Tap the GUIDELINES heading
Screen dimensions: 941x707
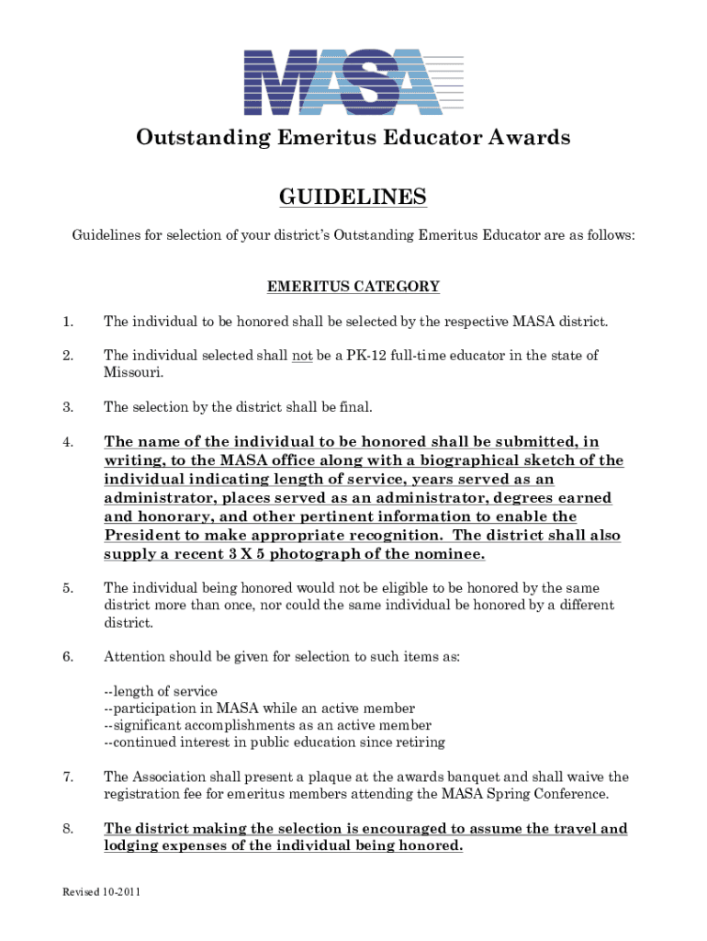(x=353, y=198)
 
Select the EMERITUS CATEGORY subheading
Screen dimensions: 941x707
(x=353, y=287)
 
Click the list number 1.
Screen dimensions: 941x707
(x=67, y=322)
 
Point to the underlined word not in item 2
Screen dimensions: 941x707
(x=302, y=356)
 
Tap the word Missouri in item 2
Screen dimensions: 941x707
(x=132, y=373)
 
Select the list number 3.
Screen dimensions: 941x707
(x=67, y=407)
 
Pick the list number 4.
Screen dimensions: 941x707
(x=67, y=442)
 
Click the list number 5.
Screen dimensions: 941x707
(x=67, y=587)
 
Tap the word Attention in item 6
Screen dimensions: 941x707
(x=134, y=657)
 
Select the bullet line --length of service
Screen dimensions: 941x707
(x=161, y=691)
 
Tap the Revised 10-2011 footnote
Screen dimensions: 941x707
(x=101, y=892)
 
